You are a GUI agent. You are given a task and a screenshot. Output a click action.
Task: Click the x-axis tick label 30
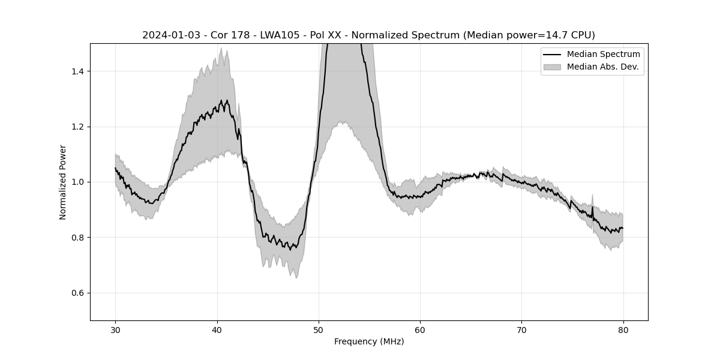pyautogui.click(x=116, y=330)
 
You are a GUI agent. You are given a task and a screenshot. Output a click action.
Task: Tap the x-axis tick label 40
pyautogui.click(x=217, y=330)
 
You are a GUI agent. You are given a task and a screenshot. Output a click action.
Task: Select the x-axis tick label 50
pyautogui.click(x=319, y=330)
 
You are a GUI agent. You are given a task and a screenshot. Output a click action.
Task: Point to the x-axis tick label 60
pyautogui.click(x=420, y=330)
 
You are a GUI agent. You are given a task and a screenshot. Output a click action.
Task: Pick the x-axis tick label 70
pyautogui.click(x=521, y=330)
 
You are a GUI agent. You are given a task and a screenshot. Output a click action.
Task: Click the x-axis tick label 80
pyautogui.click(x=623, y=330)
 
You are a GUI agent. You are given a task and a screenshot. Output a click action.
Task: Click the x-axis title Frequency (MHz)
pyautogui.click(x=369, y=341)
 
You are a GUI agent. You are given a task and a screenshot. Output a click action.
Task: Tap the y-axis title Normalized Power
pyautogui.click(x=63, y=182)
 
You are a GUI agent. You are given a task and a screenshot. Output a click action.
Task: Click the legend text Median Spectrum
pyautogui.click(x=603, y=55)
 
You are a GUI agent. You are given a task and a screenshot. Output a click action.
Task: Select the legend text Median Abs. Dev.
pyautogui.click(x=604, y=67)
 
